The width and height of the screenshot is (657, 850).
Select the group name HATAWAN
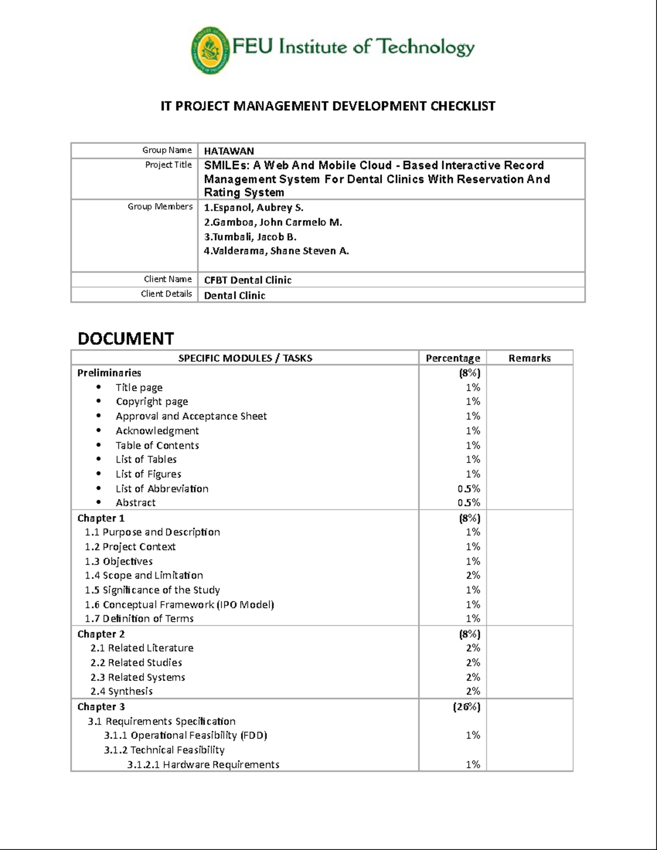tap(229, 151)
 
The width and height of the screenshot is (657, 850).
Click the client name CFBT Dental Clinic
tap(247, 280)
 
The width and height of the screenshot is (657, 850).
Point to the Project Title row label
tap(168, 165)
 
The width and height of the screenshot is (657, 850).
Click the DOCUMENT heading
tap(125, 339)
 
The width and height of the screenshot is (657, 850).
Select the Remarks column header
tap(529, 358)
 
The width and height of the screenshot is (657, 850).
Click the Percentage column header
tap(453, 358)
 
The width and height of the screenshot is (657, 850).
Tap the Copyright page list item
tap(152, 402)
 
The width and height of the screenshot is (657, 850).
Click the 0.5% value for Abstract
tap(469, 503)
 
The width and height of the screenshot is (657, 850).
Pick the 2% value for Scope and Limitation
tap(473, 576)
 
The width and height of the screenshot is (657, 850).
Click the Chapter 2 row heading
tap(101, 634)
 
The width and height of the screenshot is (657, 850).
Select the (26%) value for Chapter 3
tap(466, 707)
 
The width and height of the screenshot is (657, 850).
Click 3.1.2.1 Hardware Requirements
tap(203, 765)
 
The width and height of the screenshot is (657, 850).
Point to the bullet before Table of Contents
tap(99, 446)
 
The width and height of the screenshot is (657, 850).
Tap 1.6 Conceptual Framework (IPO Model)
tap(179, 605)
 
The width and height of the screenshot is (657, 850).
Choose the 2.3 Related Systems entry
tap(137, 678)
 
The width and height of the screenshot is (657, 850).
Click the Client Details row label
tap(166, 294)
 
